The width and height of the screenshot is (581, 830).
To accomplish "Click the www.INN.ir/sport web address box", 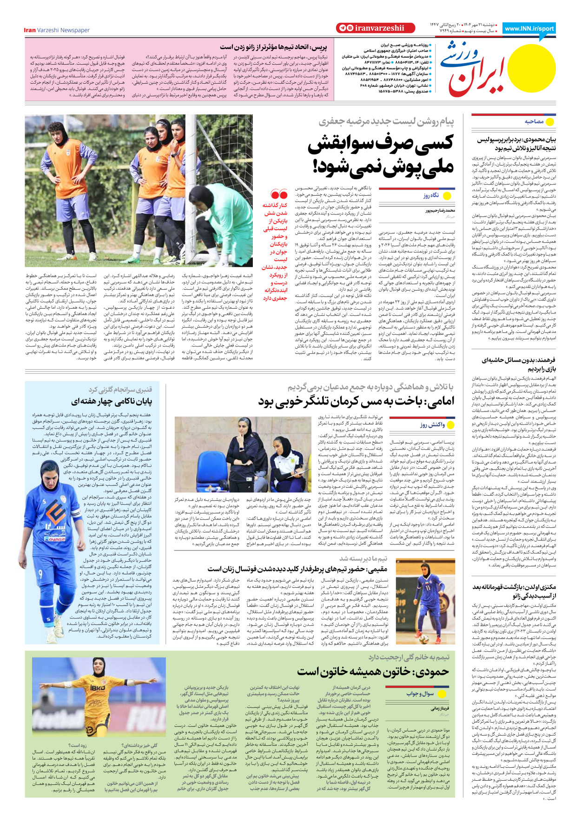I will [x=529, y=28].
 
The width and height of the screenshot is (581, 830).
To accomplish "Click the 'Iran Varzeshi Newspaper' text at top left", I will [x=57, y=30].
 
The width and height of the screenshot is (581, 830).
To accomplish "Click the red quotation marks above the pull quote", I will [x=279, y=195].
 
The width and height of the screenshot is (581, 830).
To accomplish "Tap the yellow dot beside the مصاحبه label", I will [x=550, y=122].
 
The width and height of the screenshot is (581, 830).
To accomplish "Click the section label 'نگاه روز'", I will [x=431, y=196].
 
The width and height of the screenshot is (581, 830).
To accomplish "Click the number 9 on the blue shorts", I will [x=40, y=574].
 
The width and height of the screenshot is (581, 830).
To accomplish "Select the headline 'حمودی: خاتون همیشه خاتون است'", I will [x=373, y=671].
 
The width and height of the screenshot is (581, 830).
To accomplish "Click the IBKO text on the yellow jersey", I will [x=97, y=688].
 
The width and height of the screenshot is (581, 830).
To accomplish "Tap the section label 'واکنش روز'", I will [x=432, y=425].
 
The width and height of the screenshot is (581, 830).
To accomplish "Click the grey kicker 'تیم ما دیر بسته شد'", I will [x=363, y=558].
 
